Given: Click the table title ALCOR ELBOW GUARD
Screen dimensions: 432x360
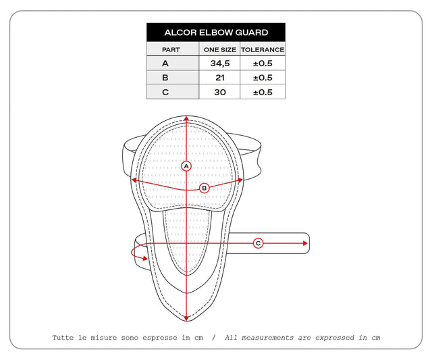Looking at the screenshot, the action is click(x=216, y=32).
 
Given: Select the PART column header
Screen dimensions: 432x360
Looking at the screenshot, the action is click(x=171, y=49).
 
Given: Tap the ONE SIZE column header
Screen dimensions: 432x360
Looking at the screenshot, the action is click(x=220, y=49).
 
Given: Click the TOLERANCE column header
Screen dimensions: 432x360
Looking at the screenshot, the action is click(x=263, y=49).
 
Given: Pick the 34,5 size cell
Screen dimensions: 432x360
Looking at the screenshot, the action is click(x=220, y=63).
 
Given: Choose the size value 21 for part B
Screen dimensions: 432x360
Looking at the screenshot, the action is click(x=220, y=78).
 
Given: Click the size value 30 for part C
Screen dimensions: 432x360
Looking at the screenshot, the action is click(x=220, y=92).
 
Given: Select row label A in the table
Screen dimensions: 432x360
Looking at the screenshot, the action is click(x=165, y=63).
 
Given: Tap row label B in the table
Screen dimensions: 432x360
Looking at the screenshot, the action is click(x=165, y=78).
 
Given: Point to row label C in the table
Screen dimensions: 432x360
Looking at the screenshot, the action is click(x=165, y=92).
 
